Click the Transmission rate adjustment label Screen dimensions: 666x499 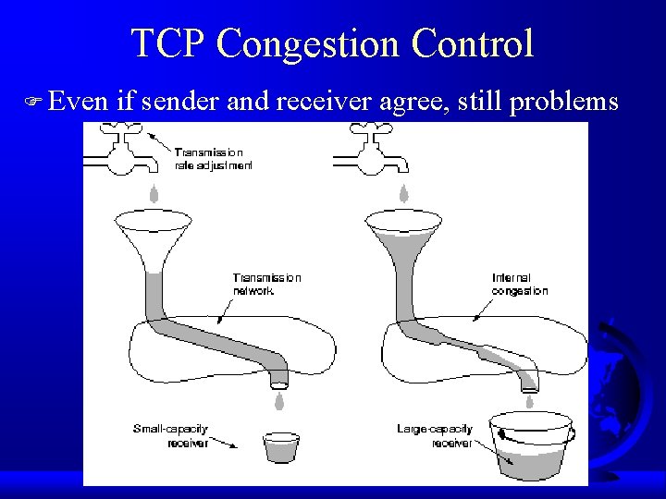[213, 158]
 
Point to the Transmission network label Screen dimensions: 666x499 [266, 283]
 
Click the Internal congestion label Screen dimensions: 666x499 [520, 284]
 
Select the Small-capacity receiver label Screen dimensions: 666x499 [171, 435]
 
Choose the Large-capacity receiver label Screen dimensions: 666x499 [434, 435]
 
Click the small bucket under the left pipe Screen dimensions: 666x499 [281, 448]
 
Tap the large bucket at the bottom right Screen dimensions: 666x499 [531, 449]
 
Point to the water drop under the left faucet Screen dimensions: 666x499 [154, 194]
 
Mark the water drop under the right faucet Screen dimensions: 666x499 [404, 194]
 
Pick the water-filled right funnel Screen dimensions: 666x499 [405, 236]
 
